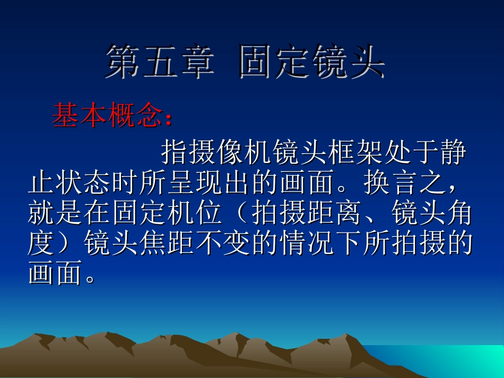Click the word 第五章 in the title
[x=160, y=63]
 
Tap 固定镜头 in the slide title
[x=311, y=63]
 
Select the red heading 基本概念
[x=106, y=116]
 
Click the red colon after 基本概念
[x=169, y=119]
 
